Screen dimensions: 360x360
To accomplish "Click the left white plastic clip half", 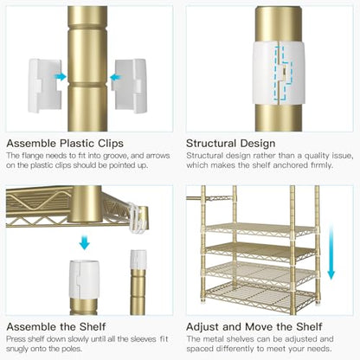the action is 45,86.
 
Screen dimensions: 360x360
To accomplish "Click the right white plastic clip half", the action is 129,86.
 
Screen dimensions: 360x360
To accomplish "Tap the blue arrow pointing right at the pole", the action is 61,77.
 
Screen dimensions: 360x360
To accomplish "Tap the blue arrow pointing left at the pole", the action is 116,77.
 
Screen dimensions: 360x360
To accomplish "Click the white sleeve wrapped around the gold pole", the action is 278,73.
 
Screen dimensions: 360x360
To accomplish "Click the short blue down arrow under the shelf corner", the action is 85,242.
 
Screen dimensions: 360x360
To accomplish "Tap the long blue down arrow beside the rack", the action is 331,251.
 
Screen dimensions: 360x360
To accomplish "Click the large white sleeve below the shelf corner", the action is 84,279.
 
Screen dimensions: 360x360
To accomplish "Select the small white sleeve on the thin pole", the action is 138,259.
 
